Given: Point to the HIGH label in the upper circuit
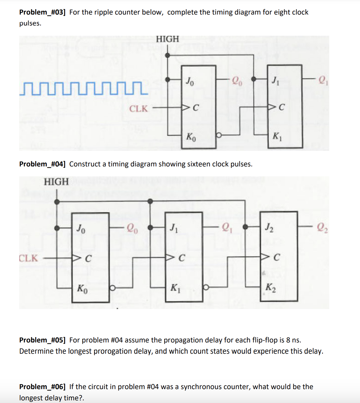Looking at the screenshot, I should pos(167,39).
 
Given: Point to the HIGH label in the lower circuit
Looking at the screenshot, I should pos(56,182).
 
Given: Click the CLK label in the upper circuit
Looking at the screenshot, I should pos(138,109).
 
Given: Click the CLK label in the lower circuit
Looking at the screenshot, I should pos(28,258).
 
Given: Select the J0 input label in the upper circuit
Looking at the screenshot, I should pos(190,80).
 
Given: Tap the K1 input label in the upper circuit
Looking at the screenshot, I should pos(277,136).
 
